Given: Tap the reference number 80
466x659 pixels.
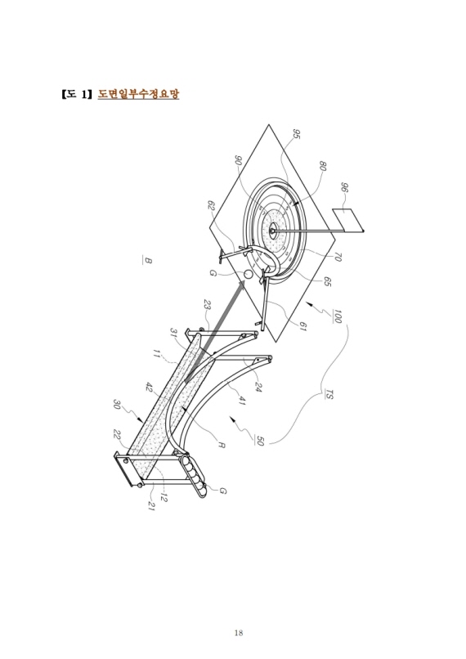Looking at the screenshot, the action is click(323, 165).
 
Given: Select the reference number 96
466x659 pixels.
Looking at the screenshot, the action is click(344, 187).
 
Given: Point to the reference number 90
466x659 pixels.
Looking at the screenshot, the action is click(238, 160).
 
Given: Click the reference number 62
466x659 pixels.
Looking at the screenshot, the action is click(212, 205).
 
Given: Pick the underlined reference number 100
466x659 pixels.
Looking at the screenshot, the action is click(337, 316).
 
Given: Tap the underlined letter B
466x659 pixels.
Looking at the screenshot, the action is click(147, 261).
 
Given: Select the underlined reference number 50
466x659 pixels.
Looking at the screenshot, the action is click(260, 441).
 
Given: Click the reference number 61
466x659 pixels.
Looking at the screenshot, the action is click(302, 326).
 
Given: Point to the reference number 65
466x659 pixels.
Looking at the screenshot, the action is click(328, 282).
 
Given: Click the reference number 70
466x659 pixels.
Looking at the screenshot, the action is click(337, 257).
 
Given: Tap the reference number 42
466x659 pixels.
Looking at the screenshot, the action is click(149, 387).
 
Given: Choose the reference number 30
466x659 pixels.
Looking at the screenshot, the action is click(117, 405).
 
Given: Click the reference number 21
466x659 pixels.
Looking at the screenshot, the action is click(151, 505).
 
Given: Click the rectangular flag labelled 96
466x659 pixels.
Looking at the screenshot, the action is click(348, 219).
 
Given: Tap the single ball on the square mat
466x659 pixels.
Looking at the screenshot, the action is click(248, 274).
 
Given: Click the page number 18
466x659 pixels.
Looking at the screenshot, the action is click(238, 633).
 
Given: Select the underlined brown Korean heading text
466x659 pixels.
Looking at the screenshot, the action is click(138, 93).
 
